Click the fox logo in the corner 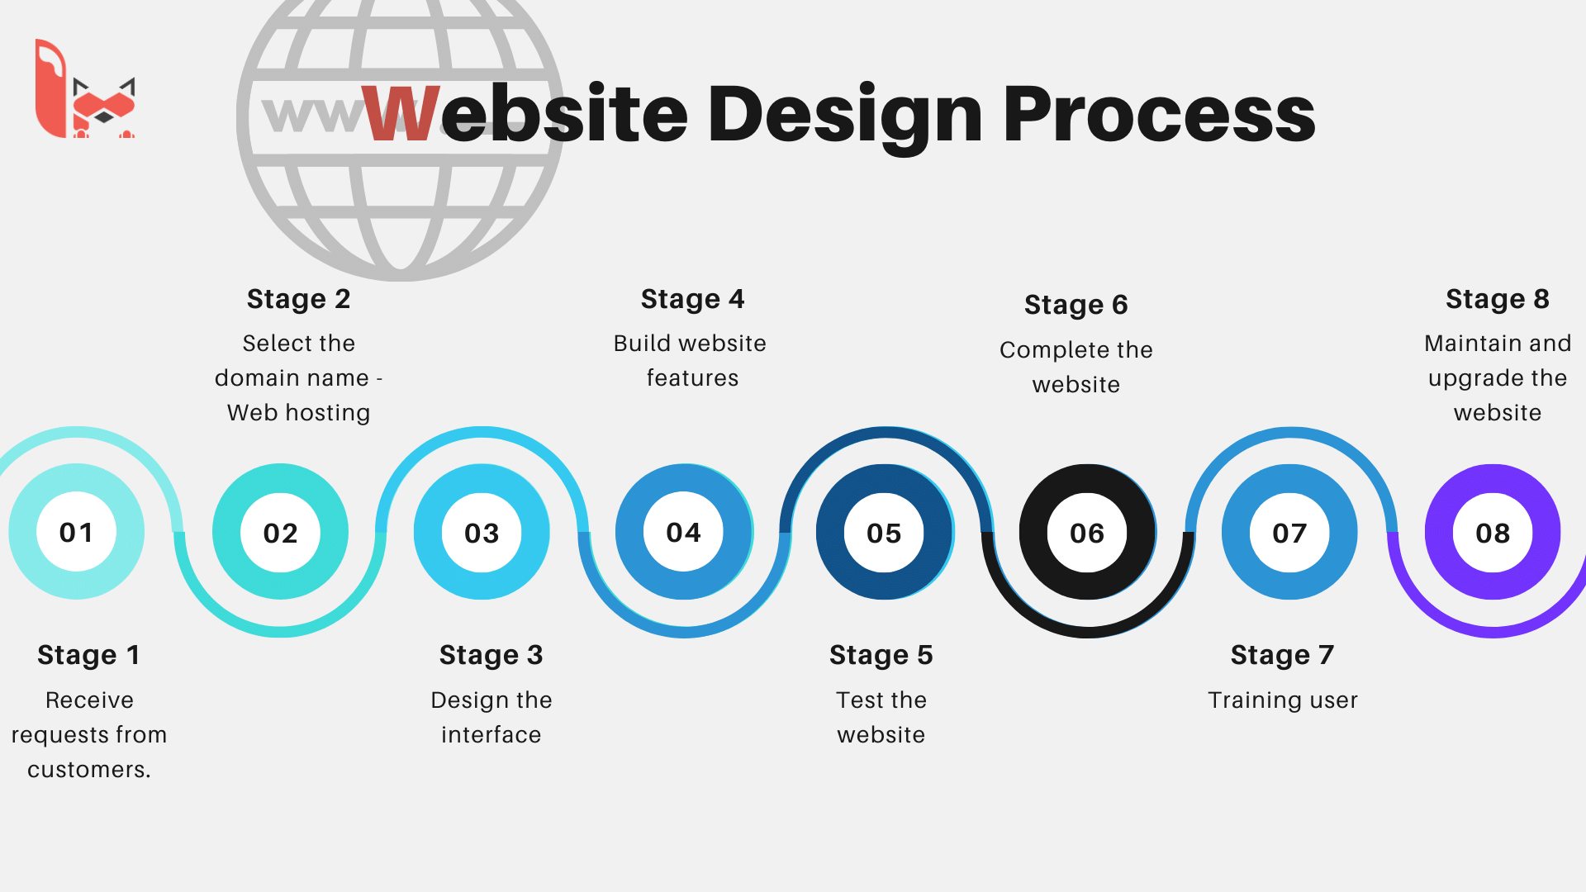85,88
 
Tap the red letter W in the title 401,113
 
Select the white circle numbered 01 77,533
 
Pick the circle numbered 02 281,533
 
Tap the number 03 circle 482,533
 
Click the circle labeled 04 684,533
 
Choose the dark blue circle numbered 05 885,533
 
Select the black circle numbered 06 1087,533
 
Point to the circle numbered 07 1289,533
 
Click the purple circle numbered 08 1493,533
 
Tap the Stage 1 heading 88,655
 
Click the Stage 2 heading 299,299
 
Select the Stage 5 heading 881,655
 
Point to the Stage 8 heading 1498,299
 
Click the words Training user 1283,700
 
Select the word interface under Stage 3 491,735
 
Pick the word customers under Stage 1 87,770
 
